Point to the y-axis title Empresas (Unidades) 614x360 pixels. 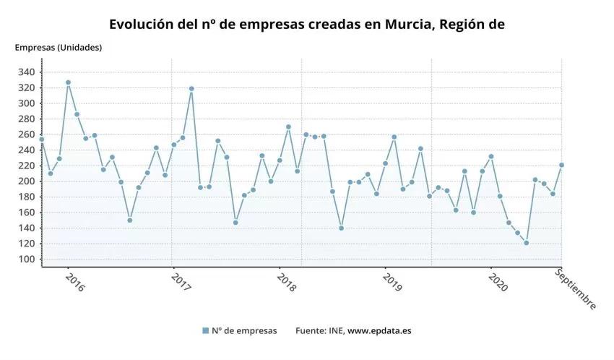[59, 48]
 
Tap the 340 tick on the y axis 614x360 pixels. [27, 72]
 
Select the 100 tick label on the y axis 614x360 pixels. [27, 260]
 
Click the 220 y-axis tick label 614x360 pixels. [27, 166]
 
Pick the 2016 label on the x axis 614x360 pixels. [74, 282]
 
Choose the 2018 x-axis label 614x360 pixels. [286, 282]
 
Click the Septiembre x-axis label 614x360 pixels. [576, 288]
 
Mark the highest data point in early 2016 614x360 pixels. [68, 82]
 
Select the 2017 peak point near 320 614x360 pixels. [191, 89]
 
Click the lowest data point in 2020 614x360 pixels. [527, 243]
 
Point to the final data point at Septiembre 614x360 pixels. [562, 165]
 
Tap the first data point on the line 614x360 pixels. [42, 140]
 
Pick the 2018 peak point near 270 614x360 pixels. [288, 127]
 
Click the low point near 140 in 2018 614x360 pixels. [341, 228]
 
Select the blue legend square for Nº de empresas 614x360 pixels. [206, 331]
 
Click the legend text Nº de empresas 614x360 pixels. [244, 331]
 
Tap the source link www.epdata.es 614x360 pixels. [379, 331]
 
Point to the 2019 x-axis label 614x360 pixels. [392, 282]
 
